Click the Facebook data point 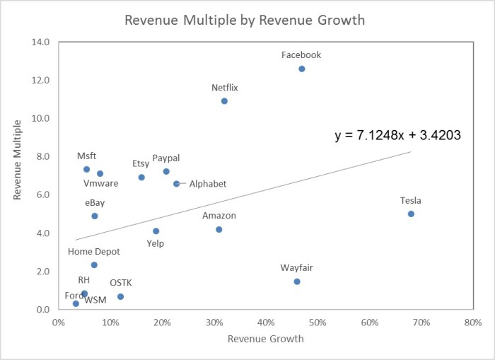(302, 69)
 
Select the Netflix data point (224, 101)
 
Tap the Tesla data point (411, 214)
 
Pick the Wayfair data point (297, 281)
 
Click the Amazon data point (219, 229)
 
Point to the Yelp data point (156, 231)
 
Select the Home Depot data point (94, 265)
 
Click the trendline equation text (398, 135)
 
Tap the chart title (245, 20)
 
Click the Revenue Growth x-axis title (266, 339)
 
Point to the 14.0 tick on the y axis (40, 42)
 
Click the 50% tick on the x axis (318, 323)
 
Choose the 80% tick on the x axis (473, 323)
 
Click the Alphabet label (208, 184)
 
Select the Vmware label (100, 183)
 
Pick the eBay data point (95, 216)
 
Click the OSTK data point (121, 296)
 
